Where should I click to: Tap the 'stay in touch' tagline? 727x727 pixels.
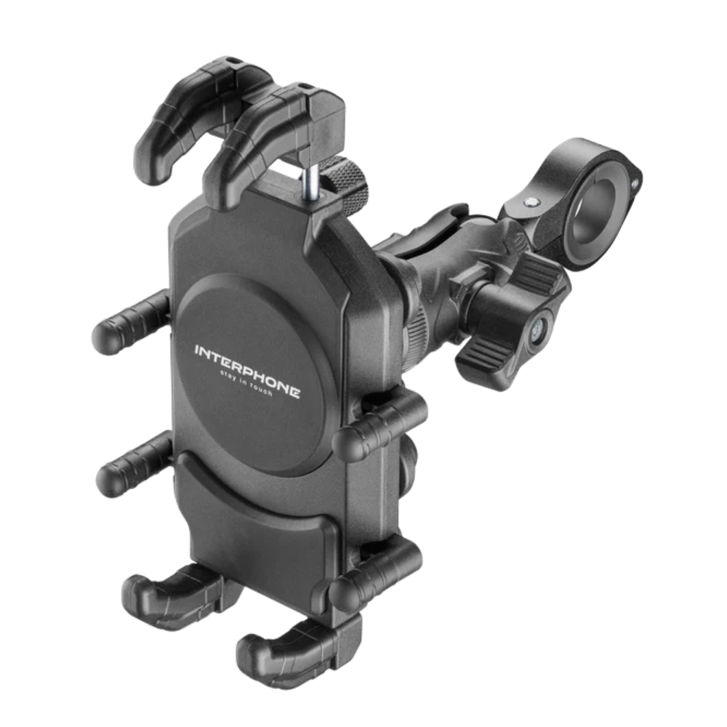coord(246,385)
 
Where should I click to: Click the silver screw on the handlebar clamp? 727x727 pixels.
coord(532,202)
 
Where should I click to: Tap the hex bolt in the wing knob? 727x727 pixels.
coord(539,329)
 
